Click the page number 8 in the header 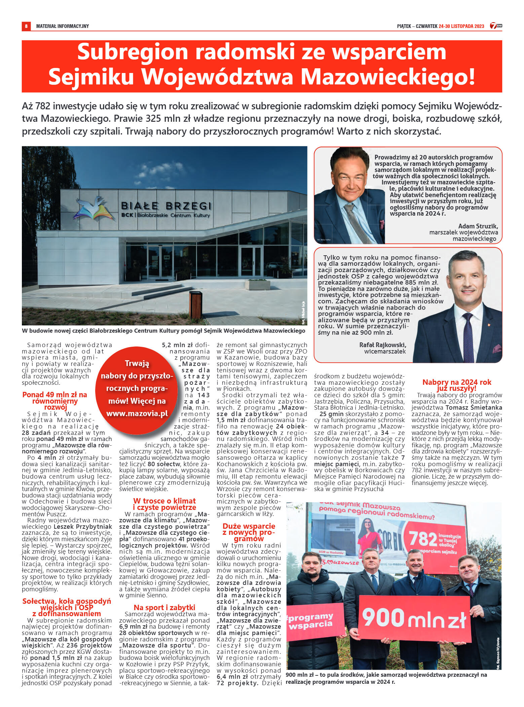click(x=26, y=26)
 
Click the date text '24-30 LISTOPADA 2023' click(x=461, y=26)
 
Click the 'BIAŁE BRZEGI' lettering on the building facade click(x=166, y=205)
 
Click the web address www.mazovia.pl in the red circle click(x=137, y=413)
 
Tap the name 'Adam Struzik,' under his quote click(x=478, y=226)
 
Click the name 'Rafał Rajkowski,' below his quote click(x=383, y=345)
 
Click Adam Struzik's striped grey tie click(x=357, y=222)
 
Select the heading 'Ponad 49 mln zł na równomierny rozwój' click(x=55, y=401)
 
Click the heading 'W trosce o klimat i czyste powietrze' click(x=164, y=504)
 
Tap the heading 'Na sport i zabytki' click(x=164, y=607)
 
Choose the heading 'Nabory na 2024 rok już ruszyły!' click(x=456, y=385)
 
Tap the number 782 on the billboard click(x=423, y=538)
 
